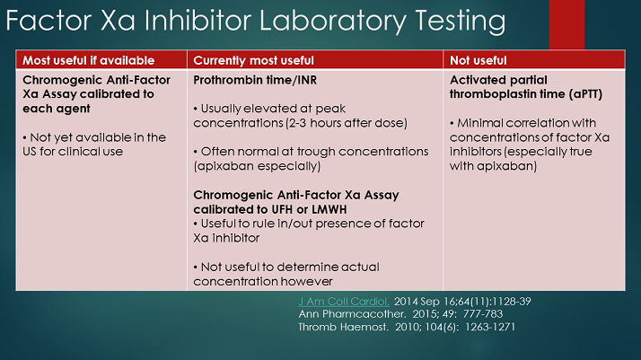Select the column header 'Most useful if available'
point(88,60)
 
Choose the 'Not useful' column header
point(478,60)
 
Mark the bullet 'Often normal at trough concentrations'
point(305,158)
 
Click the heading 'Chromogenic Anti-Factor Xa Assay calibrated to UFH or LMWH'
point(296,201)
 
